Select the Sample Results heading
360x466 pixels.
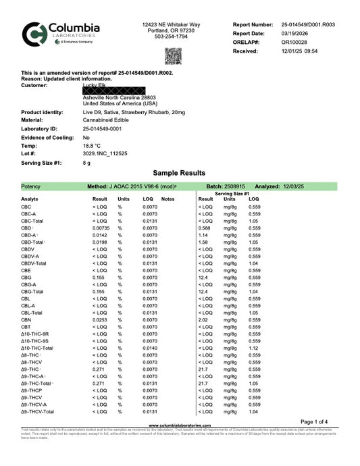(179, 173)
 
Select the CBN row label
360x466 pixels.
(26, 319)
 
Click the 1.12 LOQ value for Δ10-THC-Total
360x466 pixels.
(254, 348)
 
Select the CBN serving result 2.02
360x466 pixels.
(203, 319)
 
